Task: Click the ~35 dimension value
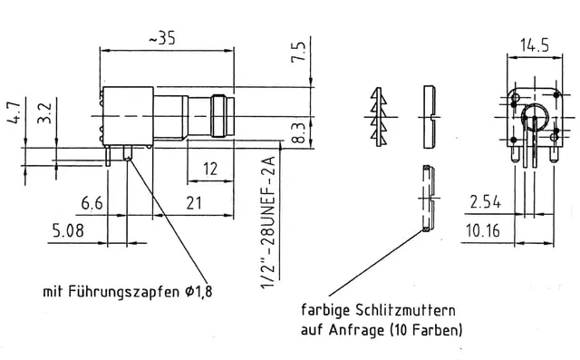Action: coord(162,38)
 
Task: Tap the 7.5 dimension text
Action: coord(298,52)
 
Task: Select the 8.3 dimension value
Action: coord(299,133)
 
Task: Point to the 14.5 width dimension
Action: coord(535,45)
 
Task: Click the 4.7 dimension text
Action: coord(14,112)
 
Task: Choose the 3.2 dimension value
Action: coord(44,112)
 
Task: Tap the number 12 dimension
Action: coord(210,169)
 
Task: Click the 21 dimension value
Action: coord(194,203)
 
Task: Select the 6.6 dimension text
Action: coord(92,203)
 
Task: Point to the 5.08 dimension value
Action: coord(69,230)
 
